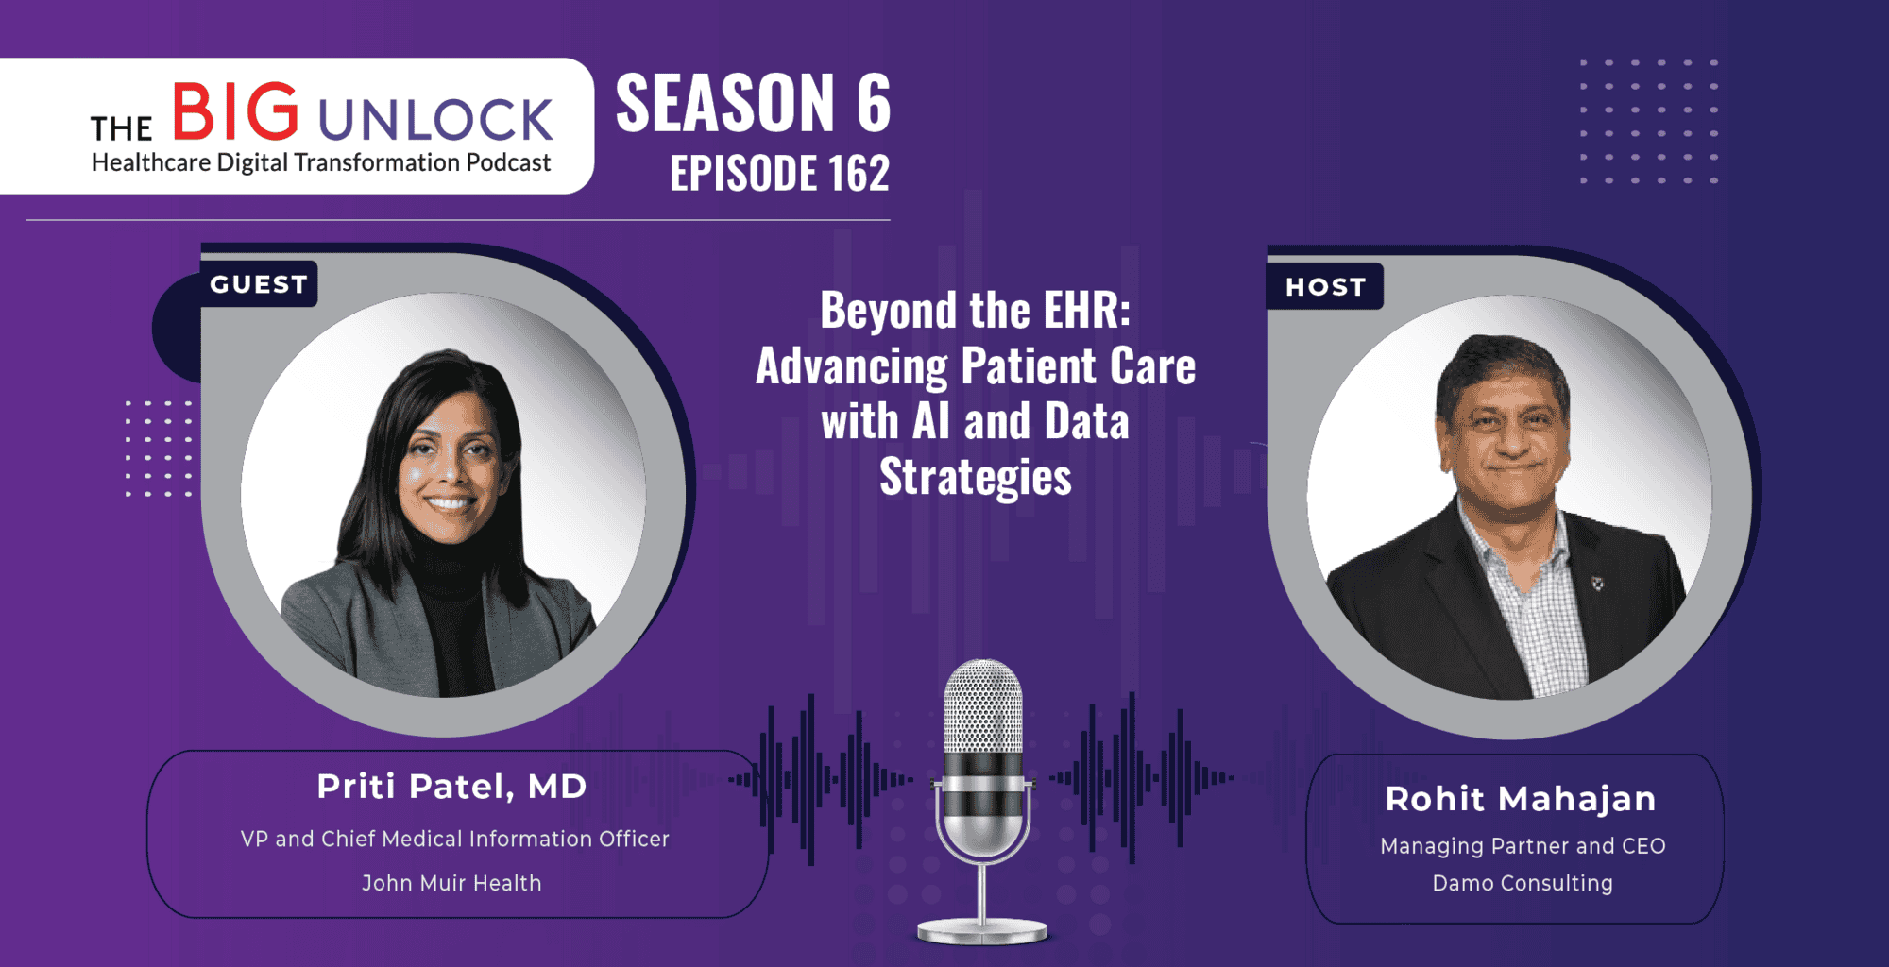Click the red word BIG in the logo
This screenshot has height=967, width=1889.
click(x=235, y=111)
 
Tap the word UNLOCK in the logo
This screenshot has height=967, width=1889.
click(x=435, y=120)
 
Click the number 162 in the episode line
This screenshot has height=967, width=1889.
click(x=859, y=174)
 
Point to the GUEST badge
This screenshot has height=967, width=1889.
click(x=259, y=284)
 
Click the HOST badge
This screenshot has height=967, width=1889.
click(x=1325, y=287)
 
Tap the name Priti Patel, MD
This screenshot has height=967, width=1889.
click(x=451, y=787)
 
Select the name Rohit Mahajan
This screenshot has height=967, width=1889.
click(x=1521, y=799)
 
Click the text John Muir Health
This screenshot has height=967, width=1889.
click(x=451, y=883)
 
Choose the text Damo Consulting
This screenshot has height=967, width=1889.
click(x=1523, y=883)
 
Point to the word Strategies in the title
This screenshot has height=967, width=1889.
click(x=976, y=477)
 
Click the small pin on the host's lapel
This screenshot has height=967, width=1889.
click(x=1598, y=584)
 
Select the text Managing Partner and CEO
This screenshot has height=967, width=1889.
click(x=1523, y=846)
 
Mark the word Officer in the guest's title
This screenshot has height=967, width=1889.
click(x=633, y=839)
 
